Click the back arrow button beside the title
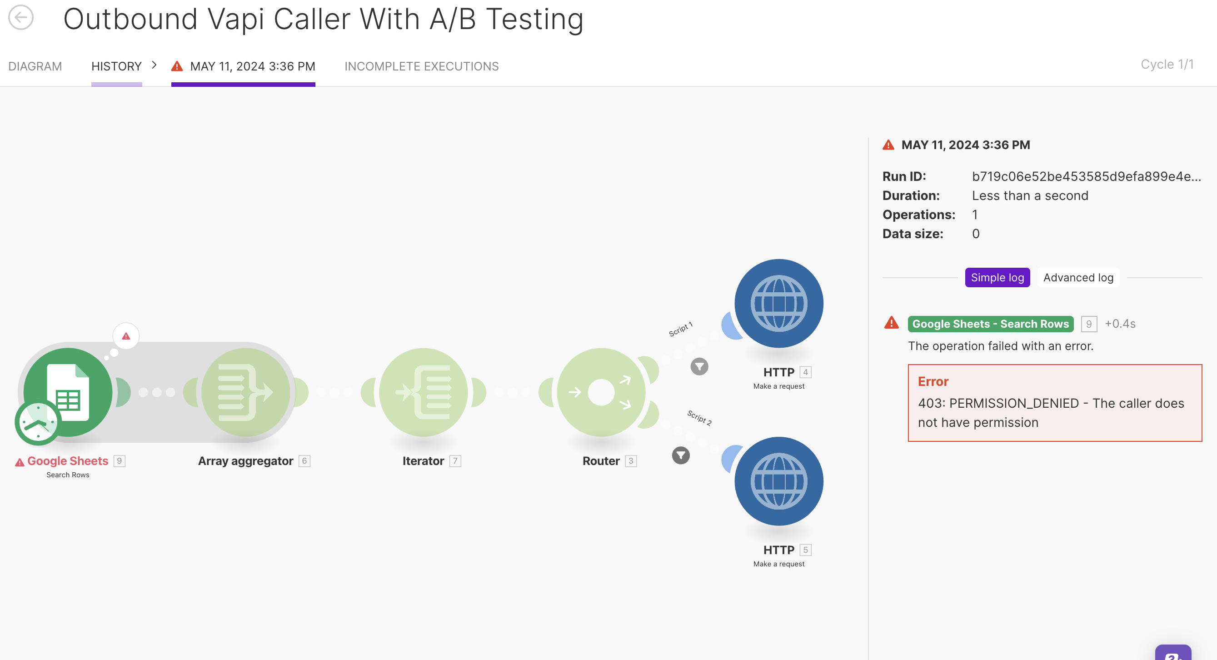21,17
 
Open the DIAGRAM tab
35,66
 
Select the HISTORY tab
116,66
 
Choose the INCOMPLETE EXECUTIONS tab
421,66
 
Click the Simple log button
998,277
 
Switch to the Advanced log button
1078,277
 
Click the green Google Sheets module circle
68,392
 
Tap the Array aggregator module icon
246,392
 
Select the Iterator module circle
423,392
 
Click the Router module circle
601,392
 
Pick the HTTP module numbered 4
778,303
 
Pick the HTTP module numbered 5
778,481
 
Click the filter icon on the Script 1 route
699,366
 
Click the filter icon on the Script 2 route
681,455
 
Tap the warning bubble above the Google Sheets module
126,336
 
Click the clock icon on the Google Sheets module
37,422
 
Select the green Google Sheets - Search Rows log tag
990,324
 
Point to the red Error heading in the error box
933,381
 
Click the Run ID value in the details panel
1086,176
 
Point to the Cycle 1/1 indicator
1167,64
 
